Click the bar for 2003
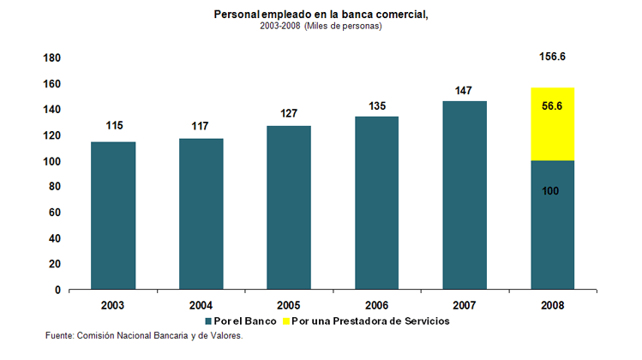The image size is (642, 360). [113, 215]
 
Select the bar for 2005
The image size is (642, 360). [288, 207]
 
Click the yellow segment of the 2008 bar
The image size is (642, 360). [552, 124]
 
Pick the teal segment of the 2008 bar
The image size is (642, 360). [552, 225]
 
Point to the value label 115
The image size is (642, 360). [114, 126]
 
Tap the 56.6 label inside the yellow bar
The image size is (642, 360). [552, 108]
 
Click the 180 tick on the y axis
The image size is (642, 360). [51, 58]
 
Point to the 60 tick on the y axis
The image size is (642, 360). [53, 213]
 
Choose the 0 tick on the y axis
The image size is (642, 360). [57, 290]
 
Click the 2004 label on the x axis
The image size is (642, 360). [201, 304]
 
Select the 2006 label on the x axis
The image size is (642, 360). [376, 304]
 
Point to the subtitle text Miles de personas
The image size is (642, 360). [343, 27]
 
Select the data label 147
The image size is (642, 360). [465, 90]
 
